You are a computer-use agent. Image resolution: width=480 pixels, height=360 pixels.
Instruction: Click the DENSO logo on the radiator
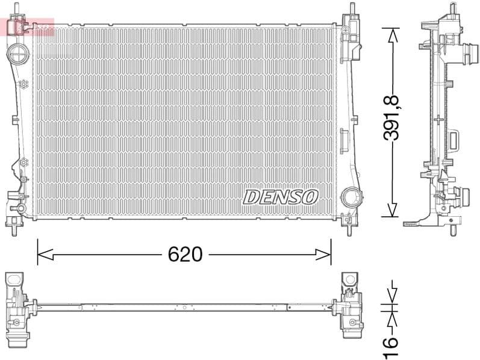pos(281,197)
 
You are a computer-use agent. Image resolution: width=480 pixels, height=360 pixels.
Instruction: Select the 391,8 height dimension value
pos(392,122)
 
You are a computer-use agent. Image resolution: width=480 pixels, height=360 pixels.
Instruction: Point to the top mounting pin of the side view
pos(450,11)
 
